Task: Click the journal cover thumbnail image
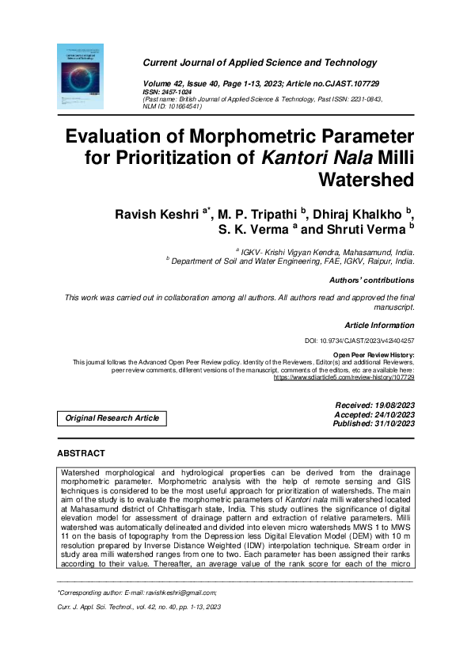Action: (81, 77)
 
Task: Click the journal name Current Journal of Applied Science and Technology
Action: (259, 63)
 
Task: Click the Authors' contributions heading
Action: (371, 280)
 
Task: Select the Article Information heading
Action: (379, 326)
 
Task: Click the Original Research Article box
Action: (112, 418)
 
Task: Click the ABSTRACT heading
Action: (81, 453)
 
